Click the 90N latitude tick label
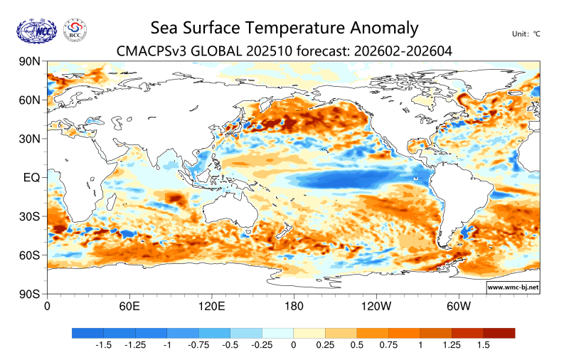(x=29, y=62)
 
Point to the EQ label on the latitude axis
(x=32, y=177)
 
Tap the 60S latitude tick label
(x=29, y=255)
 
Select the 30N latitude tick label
(x=29, y=139)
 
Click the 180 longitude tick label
(x=293, y=306)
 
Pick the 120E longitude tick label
(x=211, y=306)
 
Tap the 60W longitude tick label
(x=459, y=306)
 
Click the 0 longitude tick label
(x=47, y=306)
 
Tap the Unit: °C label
(x=526, y=33)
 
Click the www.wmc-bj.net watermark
(x=513, y=287)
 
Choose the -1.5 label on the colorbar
(x=104, y=345)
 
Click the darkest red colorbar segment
(x=499, y=333)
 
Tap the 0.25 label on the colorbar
(x=325, y=345)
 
